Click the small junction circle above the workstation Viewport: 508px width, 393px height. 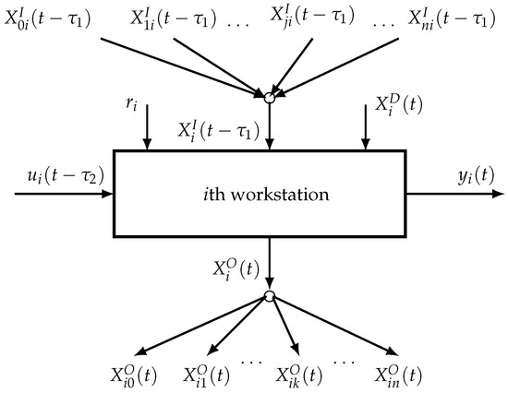pos(269,96)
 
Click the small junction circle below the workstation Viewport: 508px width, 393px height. pos(269,295)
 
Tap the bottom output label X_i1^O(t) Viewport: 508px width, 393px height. pos(208,375)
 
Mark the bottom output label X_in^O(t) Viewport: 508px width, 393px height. pos(399,375)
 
